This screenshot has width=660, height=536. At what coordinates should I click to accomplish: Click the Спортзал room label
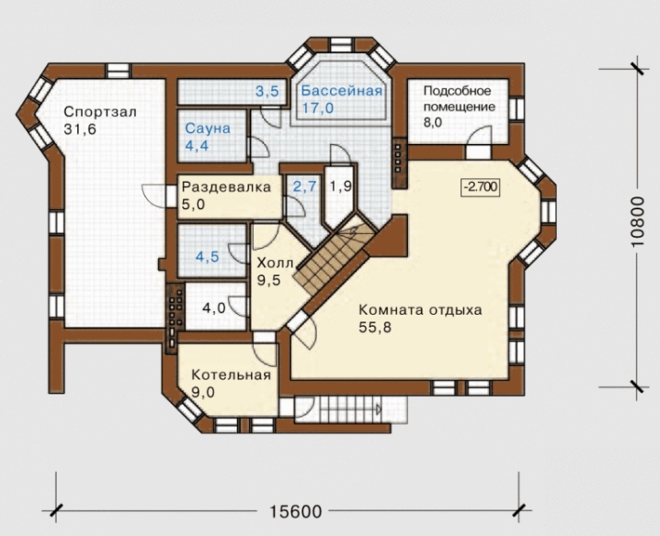click(x=100, y=112)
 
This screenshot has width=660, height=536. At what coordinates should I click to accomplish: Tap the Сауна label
click(x=208, y=128)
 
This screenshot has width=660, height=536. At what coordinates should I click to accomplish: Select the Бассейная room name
click(x=341, y=91)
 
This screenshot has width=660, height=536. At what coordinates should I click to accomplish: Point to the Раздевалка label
click(x=226, y=186)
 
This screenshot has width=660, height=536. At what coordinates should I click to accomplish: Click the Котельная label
click(x=231, y=374)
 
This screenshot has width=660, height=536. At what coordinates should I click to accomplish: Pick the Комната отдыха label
click(x=420, y=310)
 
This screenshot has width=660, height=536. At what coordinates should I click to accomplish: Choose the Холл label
click(x=275, y=263)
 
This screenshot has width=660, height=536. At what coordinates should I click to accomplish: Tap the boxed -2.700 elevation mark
click(x=481, y=186)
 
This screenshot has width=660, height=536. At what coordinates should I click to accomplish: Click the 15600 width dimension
click(x=295, y=511)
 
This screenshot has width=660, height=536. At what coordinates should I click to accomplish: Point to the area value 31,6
click(x=80, y=129)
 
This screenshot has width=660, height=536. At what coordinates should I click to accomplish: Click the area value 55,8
click(x=375, y=327)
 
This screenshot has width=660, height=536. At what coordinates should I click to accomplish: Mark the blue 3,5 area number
click(x=267, y=91)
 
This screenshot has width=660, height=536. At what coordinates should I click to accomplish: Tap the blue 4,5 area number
click(x=208, y=256)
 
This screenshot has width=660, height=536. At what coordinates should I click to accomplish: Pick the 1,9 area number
click(x=341, y=186)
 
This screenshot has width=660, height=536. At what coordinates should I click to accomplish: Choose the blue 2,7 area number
click(x=304, y=186)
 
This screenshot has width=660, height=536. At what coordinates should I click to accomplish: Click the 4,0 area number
click(x=214, y=308)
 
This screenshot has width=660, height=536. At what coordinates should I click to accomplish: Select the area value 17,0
click(x=318, y=108)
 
